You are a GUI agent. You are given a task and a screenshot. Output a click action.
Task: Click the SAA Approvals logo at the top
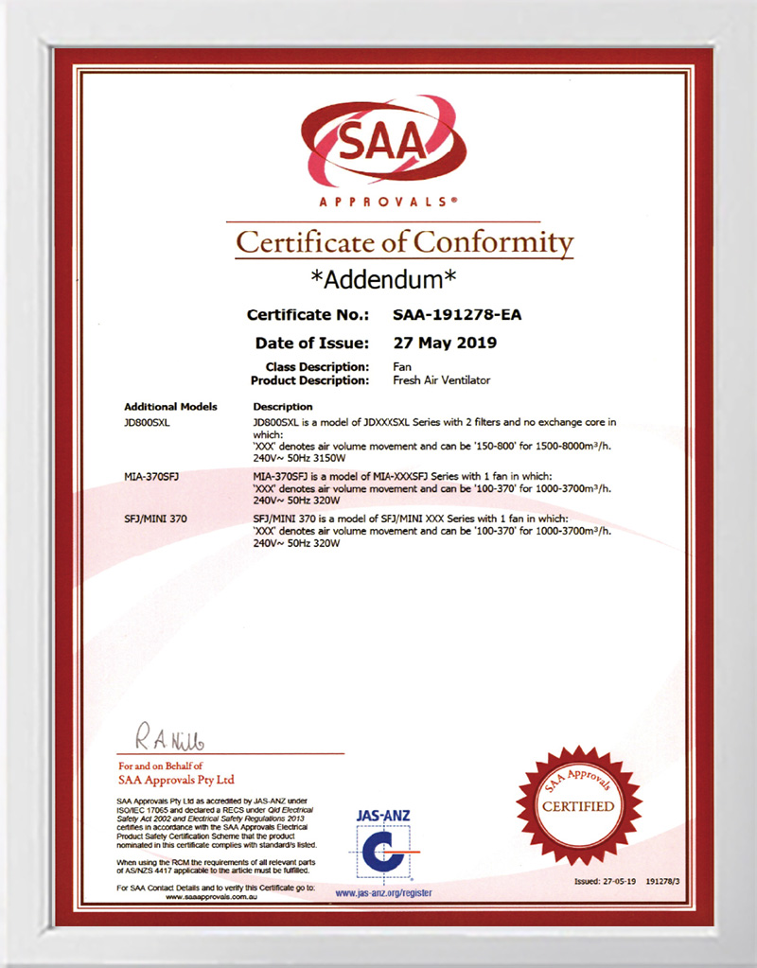coord(381,151)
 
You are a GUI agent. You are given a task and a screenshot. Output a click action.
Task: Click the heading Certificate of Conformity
coord(405,242)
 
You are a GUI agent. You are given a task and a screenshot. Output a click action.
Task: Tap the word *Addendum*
coord(384,279)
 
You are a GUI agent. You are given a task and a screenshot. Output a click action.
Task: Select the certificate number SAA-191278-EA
coord(456,315)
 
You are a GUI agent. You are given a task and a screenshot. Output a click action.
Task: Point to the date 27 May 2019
coord(444,343)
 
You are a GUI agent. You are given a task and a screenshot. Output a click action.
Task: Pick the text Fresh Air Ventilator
coord(442,380)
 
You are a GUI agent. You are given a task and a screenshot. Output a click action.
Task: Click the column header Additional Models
coord(170,406)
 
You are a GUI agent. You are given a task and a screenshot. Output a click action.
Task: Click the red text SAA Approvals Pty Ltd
coord(176,781)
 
